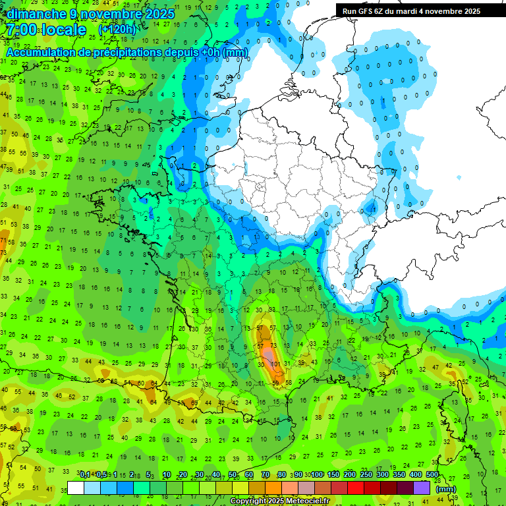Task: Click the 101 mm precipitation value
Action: (276, 363)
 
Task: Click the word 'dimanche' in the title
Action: (37, 14)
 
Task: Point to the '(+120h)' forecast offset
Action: (117, 30)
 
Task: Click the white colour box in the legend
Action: (76, 488)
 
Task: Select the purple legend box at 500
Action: (422, 488)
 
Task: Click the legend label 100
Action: (317, 474)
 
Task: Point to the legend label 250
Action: (366, 474)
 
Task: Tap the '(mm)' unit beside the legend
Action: (446, 489)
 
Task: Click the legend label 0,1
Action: (84, 474)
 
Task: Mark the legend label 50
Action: (233, 474)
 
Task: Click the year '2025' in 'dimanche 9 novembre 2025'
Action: (159, 14)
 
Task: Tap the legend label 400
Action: (416, 474)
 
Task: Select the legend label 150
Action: (333, 474)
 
